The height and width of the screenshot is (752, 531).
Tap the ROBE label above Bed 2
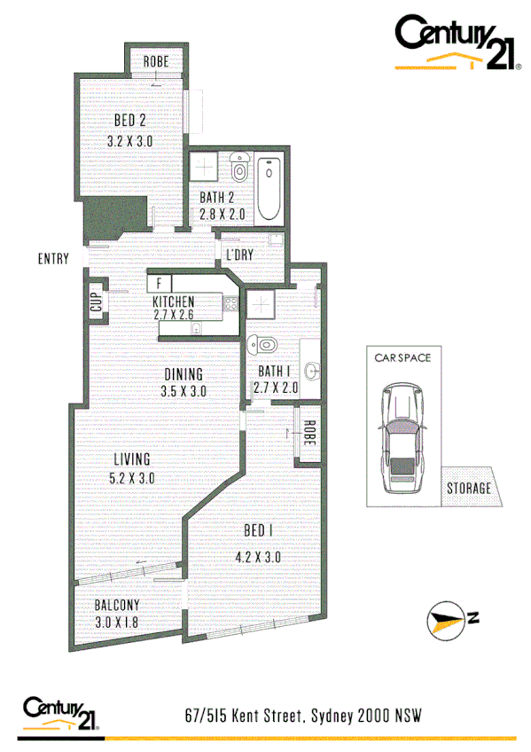(x=156, y=62)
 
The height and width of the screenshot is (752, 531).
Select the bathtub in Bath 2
(x=268, y=191)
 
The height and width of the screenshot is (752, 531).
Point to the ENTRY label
(x=53, y=259)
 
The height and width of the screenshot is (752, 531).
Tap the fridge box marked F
(x=160, y=284)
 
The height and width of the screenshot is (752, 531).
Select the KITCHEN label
(x=174, y=302)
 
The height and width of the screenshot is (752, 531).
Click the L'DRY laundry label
(x=240, y=255)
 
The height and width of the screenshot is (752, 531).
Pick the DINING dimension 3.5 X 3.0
(x=184, y=391)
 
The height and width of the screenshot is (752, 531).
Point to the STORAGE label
(x=468, y=488)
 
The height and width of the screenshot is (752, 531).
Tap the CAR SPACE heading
(x=402, y=359)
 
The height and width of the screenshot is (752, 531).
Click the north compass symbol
(x=449, y=620)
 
